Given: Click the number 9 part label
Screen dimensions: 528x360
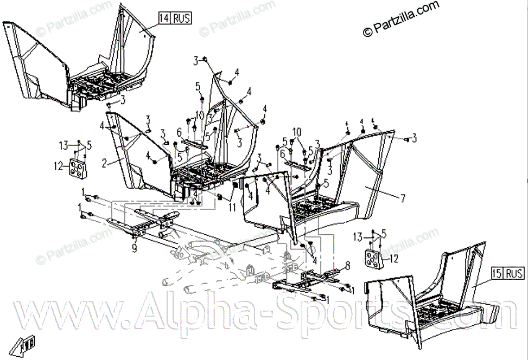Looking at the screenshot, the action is coord(133,249).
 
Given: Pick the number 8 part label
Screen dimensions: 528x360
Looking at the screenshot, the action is coord(347,265).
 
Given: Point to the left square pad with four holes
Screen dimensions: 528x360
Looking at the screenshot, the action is coord(78,169).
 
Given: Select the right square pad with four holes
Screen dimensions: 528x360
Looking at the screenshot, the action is coord(374,260).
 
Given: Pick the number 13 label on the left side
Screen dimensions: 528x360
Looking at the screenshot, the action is coord(64,145).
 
